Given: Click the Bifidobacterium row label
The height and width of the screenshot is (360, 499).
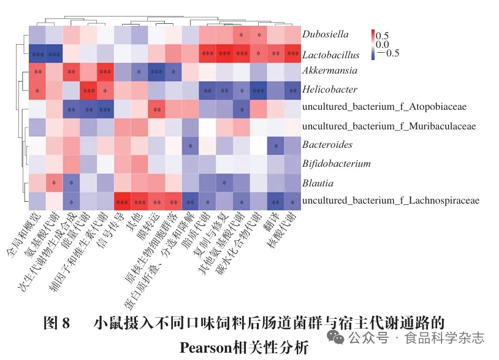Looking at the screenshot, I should pyautogui.click(x=337, y=164).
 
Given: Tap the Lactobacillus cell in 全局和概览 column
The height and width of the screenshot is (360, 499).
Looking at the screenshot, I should pyautogui.click(x=37, y=54).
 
